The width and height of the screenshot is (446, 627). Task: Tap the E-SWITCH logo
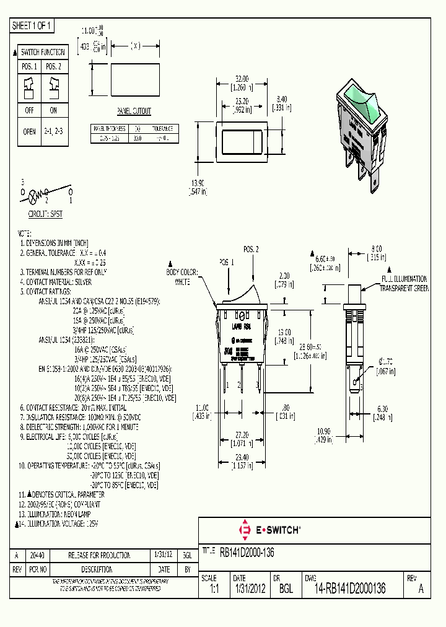pyautogui.click(x=269, y=530)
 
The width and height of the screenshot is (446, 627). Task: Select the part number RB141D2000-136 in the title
pyautogui.click(x=247, y=551)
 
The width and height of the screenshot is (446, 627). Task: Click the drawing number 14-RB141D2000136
pyautogui.click(x=349, y=589)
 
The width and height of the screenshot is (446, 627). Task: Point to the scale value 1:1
pyautogui.click(x=211, y=589)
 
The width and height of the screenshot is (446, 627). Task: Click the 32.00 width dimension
pyautogui.click(x=242, y=79)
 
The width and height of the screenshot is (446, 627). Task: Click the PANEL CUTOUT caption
pyautogui.click(x=134, y=112)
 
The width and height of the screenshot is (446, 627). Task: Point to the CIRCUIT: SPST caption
pyautogui.click(x=45, y=213)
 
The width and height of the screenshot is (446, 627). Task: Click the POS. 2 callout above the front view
pyautogui.click(x=251, y=249)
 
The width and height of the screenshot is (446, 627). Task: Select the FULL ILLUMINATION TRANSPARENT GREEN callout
pyautogui.click(x=403, y=284)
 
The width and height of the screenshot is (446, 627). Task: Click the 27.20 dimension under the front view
pyautogui.click(x=242, y=436)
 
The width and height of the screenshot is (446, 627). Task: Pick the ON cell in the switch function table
pyautogui.click(x=54, y=110)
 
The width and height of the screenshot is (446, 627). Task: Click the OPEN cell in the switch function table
pyautogui.click(x=29, y=132)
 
